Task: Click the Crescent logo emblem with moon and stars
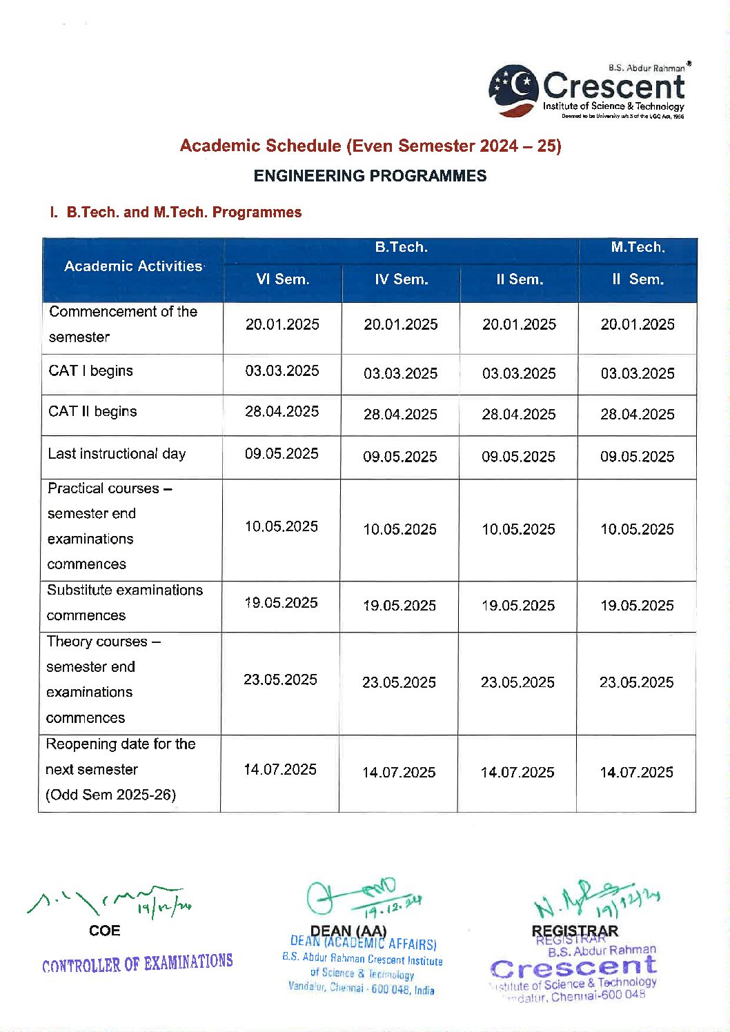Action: [x=513, y=90]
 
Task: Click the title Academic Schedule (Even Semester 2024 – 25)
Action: [x=371, y=146]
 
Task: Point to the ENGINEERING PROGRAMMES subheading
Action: [x=370, y=176]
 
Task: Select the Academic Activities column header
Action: [x=133, y=266]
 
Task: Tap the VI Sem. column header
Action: [x=282, y=279]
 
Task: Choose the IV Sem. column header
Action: [x=401, y=279]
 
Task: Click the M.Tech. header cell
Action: [x=638, y=247]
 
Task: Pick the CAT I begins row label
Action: [x=90, y=371]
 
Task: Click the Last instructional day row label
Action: [x=117, y=454]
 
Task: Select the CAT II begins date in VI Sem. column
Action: [x=282, y=412]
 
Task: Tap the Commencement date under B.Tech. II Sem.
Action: [x=519, y=324]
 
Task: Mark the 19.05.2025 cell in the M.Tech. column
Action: [x=637, y=606]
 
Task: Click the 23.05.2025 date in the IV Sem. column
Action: [x=399, y=682]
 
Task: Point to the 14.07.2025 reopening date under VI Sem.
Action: [x=280, y=769]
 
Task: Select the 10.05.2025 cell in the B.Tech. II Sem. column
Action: [x=518, y=529]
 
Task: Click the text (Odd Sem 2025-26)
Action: [x=110, y=795]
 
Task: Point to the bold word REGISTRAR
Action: [x=575, y=931]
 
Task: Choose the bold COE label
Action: [x=105, y=931]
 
